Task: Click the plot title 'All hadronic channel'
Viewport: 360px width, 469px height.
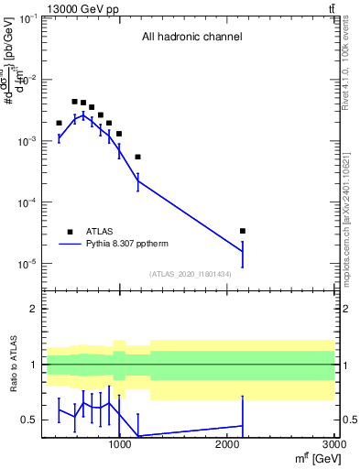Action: pos(191,38)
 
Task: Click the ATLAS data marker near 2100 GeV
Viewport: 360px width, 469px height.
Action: pos(242,231)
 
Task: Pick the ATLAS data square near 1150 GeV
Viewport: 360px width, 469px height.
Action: pos(137,157)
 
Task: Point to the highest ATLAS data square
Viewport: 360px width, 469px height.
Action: pos(74,102)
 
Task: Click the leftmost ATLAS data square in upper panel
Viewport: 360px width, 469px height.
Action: pos(59,123)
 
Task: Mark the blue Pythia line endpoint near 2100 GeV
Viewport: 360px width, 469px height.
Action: pos(242,251)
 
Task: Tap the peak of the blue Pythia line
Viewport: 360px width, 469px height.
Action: pos(82,115)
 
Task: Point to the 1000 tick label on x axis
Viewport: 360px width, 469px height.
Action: pos(119,444)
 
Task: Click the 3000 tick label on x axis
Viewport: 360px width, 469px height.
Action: pos(334,444)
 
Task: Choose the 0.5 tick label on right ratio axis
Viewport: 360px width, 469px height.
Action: pos(348,420)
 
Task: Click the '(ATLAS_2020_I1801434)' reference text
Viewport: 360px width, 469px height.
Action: pos(190,274)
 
